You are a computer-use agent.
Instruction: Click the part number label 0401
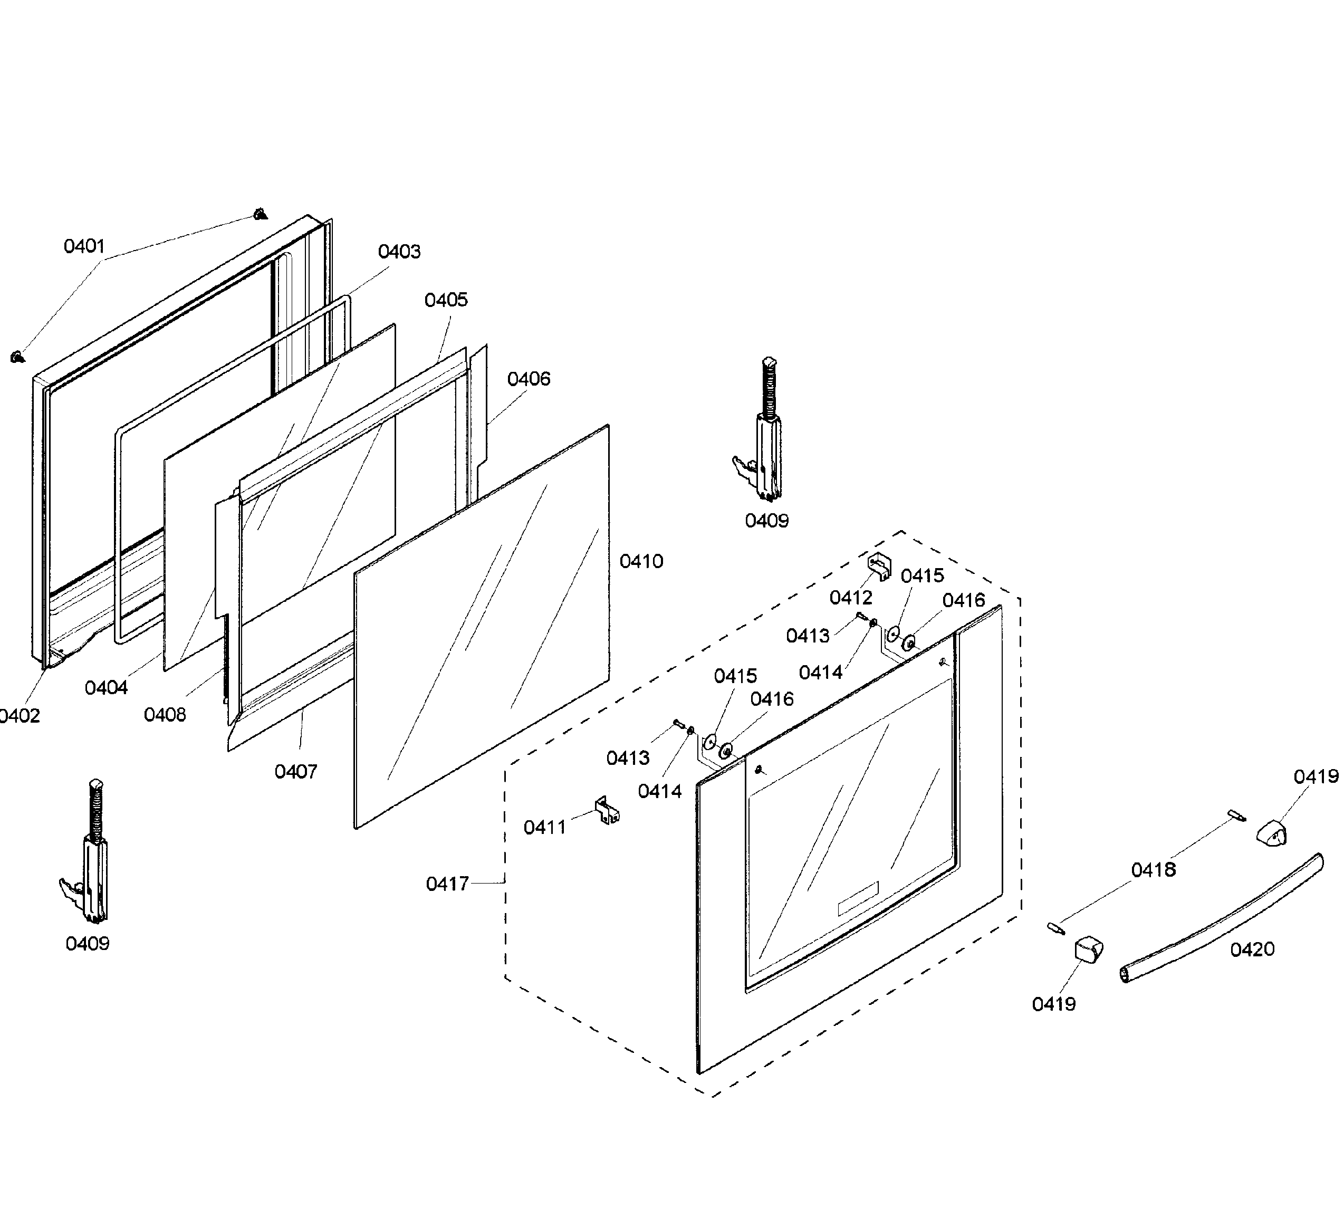point(84,246)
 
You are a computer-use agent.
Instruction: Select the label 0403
point(399,252)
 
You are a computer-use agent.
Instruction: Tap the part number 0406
point(529,379)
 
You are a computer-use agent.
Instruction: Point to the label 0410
point(641,561)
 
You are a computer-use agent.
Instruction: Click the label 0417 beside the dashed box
point(447,884)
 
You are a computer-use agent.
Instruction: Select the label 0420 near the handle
point(1252,949)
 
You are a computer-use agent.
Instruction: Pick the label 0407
point(295,771)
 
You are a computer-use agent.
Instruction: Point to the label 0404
point(107,687)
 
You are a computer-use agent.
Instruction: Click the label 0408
point(165,715)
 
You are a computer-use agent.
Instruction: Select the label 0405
point(446,300)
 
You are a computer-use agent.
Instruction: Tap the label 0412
point(850,598)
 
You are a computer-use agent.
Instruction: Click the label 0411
point(545,827)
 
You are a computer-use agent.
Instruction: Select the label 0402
point(20,716)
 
